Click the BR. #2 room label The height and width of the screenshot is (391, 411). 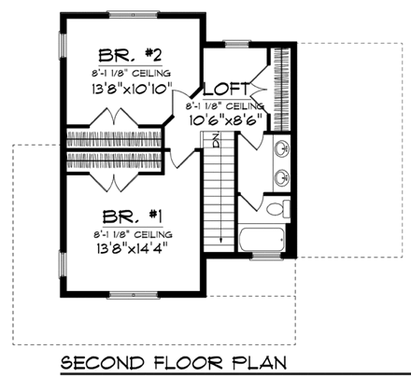130,53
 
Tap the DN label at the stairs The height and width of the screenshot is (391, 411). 214,143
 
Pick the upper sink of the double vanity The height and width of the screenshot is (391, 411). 282,147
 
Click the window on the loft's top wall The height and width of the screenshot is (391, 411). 236,42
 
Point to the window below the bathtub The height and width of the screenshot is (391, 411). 265,257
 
